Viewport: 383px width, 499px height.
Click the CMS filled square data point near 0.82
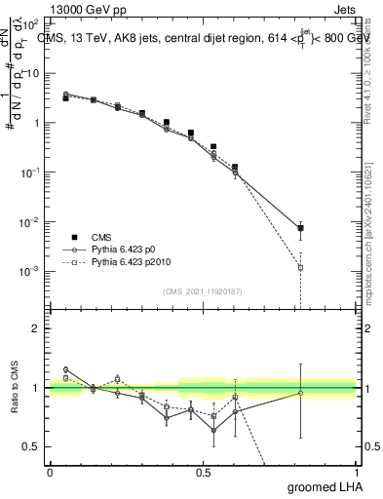[300, 228]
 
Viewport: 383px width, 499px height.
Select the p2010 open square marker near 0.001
[300, 267]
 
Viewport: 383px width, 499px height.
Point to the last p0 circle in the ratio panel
[300, 393]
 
